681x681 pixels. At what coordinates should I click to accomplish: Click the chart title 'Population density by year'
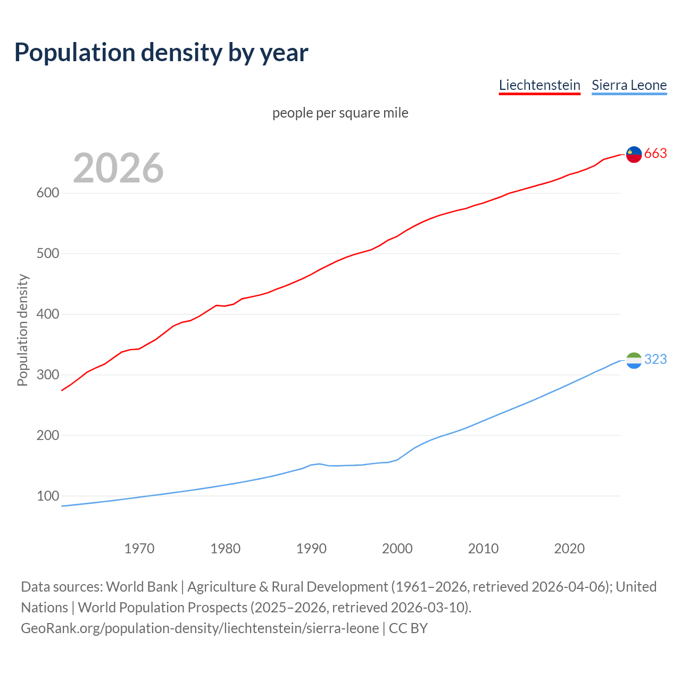point(161,53)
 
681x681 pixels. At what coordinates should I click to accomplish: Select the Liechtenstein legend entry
point(539,85)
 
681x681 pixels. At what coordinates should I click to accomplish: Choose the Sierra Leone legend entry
point(629,85)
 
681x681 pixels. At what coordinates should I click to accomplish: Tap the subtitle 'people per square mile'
point(340,113)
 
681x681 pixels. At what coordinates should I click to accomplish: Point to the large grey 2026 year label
point(118,168)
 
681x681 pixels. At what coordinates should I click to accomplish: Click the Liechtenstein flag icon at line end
point(634,154)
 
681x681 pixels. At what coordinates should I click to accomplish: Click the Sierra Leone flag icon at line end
point(634,360)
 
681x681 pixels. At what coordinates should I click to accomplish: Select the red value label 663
point(655,154)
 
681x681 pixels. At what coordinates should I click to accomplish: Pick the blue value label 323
point(655,360)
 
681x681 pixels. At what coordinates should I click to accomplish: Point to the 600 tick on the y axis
point(47,193)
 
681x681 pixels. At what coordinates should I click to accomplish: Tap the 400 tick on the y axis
point(47,314)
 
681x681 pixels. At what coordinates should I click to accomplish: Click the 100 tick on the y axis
point(47,496)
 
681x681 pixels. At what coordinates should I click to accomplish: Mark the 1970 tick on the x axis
point(139,549)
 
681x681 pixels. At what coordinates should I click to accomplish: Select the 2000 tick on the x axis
point(397,549)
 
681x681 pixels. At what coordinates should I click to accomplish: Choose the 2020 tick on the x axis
point(569,549)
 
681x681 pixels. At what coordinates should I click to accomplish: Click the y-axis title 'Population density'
point(22,330)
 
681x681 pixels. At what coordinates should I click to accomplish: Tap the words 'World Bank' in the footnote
point(142,587)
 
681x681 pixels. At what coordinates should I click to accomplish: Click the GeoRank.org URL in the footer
point(200,628)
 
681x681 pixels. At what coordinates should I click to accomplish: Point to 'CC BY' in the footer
point(408,628)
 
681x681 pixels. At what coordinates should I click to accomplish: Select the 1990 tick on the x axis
point(311,549)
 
